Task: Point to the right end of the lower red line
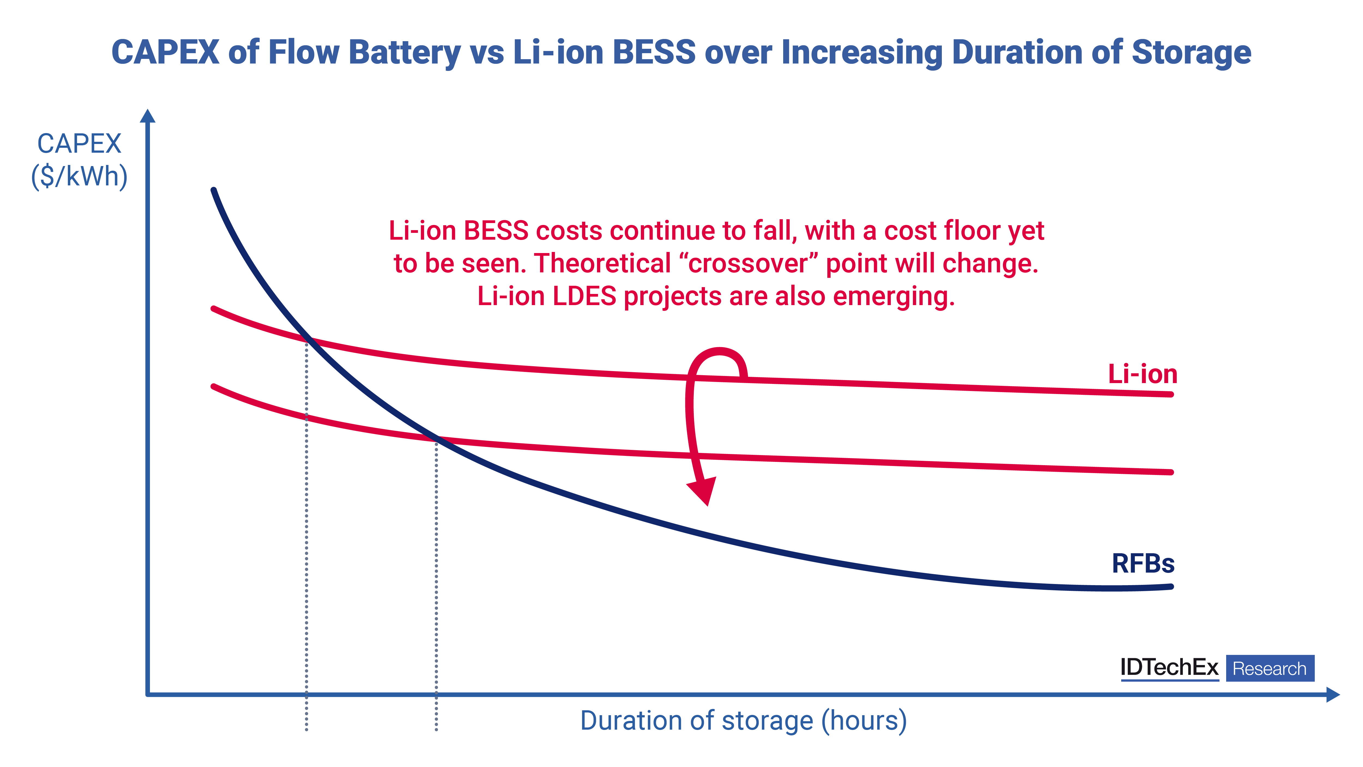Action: pos(1171,472)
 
